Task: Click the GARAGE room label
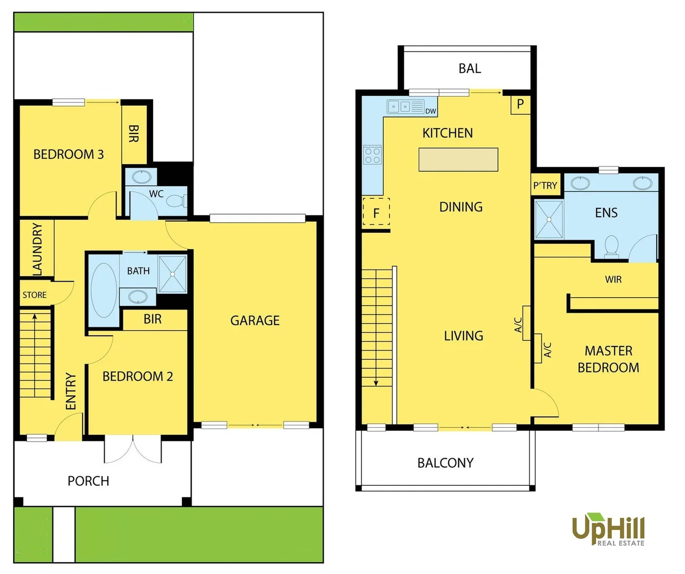[255, 320]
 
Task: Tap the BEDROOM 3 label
[69, 155]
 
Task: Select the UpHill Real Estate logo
[608, 529]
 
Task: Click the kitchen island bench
[458, 159]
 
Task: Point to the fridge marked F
[376, 212]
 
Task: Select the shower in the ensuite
[548, 220]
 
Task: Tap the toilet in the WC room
[175, 201]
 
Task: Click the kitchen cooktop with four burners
[373, 155]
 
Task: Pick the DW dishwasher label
[430, 111]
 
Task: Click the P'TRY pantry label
[545, 185]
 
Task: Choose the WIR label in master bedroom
[613, 280]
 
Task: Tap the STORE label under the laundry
[35, 295]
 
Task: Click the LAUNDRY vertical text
[37, 249]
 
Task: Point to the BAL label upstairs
[469, 69]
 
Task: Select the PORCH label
[88, 481]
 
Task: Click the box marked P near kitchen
[520, 104]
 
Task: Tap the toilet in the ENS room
[612, 246]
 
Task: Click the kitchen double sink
[399, 106]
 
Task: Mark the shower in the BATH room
[173, 274]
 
